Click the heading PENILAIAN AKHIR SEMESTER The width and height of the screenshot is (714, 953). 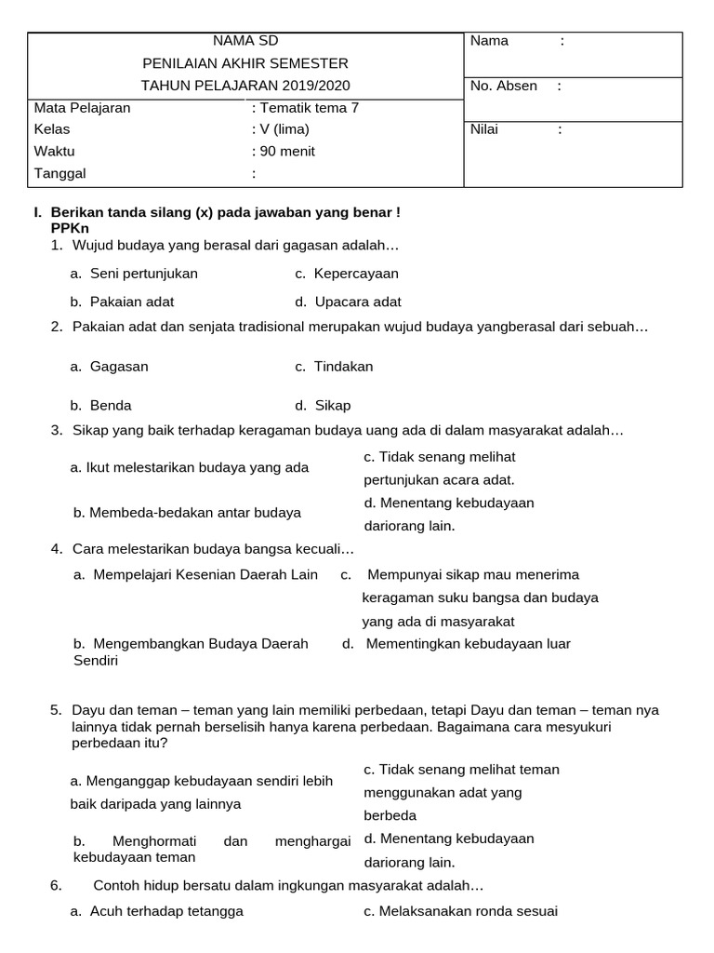click(x=245, y=63)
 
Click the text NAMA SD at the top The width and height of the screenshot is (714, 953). click(x=245, y=41)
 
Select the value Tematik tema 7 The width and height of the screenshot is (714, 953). click(x=305, y=108)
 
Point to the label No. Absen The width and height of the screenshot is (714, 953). click(x=504, y=87)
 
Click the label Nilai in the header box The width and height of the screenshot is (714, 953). click(x=484, y=129)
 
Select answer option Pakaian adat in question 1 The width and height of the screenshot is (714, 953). click(x=131, y=302)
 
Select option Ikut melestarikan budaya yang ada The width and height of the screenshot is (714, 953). click(x=190, y=467)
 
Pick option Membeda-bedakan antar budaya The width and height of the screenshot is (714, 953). click(x=187, y=513)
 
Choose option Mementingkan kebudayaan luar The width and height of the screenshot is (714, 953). click(x=468, y=644)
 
